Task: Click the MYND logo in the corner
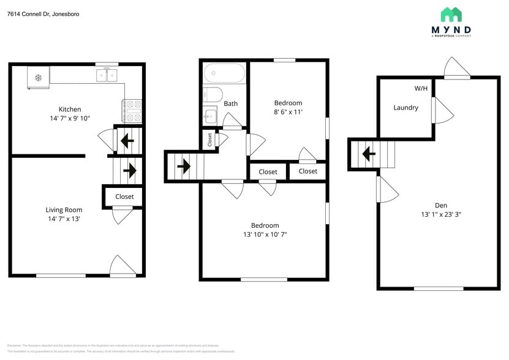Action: coord(451,23)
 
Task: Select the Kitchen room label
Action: coord(69,110)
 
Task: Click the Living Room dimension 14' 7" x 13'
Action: coord(65,219)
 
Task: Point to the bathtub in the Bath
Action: coord(224,73)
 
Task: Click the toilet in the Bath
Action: coord(212,95)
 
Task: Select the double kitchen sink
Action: coord(108,75)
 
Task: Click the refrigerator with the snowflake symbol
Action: coord(38,77)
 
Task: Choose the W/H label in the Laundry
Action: coord(421,89)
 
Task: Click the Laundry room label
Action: coord(405,108)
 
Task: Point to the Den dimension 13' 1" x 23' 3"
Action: coord(440,214)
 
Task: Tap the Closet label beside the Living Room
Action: coord(124,197)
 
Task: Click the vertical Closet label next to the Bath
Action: coord(209,139)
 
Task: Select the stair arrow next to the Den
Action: coord(368,154)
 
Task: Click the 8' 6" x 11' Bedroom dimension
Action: coord(288,112)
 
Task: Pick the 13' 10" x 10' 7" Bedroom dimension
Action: coord(265,234)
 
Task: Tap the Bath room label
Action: coord(230,103)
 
